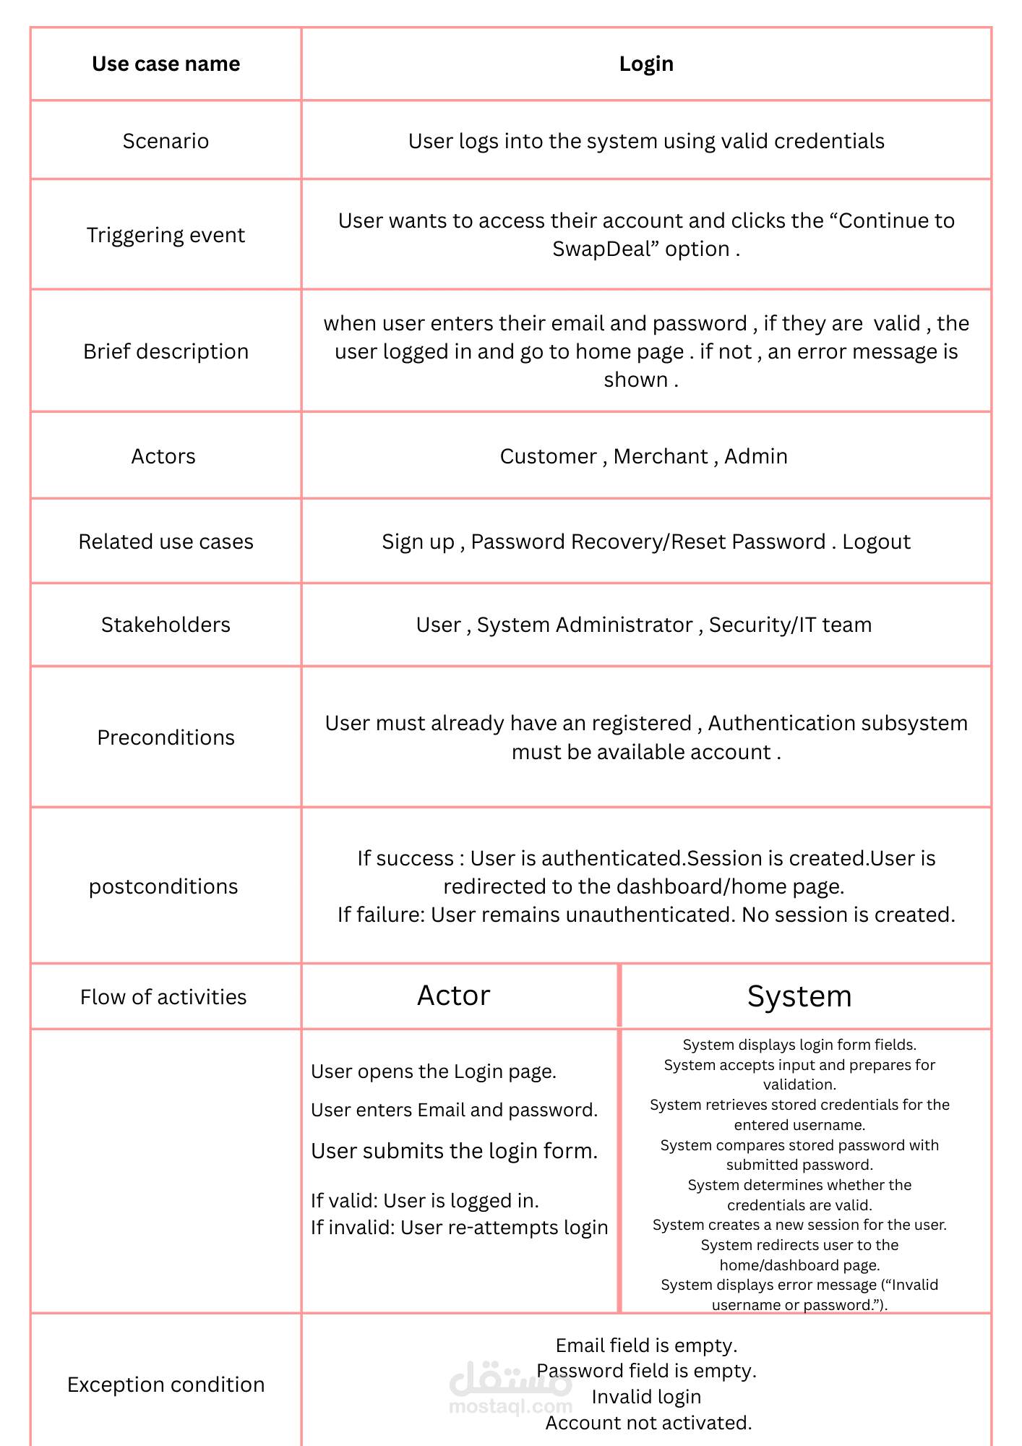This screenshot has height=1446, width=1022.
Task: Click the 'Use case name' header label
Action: point(166,64)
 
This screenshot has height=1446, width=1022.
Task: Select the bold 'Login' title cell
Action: point(646,64)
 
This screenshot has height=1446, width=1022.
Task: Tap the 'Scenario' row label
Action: point(166,141)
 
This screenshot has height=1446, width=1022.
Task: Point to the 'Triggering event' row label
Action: point(166,235)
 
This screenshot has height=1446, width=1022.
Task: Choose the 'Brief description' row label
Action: point(166,351)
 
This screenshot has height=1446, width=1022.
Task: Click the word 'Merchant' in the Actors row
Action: point(661,456)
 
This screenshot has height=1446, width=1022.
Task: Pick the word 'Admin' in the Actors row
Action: point(756,456)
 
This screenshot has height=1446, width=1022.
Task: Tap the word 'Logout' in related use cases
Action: point(876,542)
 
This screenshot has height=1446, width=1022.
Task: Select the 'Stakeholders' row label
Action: point(166,625)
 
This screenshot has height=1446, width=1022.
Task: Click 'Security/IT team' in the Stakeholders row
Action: point(790,625)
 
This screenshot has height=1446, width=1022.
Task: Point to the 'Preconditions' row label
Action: point(166,737)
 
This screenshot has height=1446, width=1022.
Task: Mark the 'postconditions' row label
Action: point(163,886)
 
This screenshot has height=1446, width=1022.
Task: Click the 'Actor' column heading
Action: point(454,996)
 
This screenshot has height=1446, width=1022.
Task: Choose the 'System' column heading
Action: point(799,996)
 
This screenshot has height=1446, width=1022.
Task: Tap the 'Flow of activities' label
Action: point(163,997)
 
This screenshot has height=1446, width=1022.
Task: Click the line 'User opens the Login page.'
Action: point(434,1071)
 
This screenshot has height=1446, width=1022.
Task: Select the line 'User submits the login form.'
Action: point(455,1151)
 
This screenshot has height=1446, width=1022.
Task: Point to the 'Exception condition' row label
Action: point(166,1385)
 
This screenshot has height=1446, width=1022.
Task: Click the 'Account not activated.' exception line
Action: point(648,1423)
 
